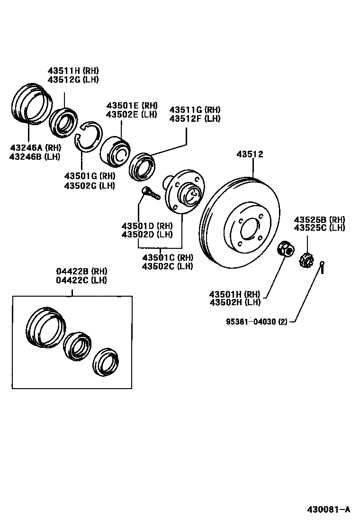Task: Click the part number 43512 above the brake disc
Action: pos(250,154)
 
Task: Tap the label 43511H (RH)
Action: pos(72,71)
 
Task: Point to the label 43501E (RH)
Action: pos(132,106)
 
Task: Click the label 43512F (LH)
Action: pos(195,118)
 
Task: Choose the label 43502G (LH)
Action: pos(90,185)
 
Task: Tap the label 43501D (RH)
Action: pos(147,226)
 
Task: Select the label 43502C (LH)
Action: pos(167,266)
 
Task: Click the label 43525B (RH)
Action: pos(319,219)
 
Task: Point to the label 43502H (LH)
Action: pos(235,302)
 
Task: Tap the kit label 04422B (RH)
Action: pos(82,271)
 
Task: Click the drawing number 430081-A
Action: pos(327,509)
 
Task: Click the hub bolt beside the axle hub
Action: pos(151,193)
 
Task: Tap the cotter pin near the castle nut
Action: pos(322,268)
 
